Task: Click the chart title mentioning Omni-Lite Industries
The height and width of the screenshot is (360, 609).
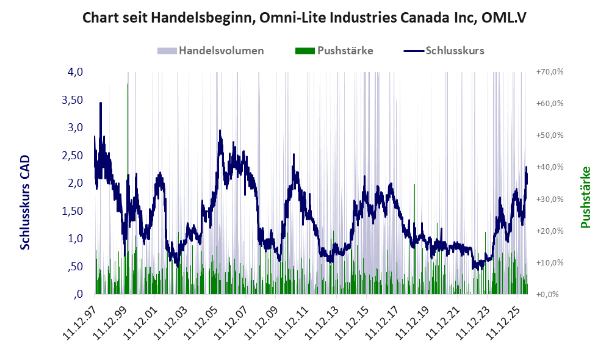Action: [304, 18]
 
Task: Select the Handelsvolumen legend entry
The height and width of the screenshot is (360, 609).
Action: [211, 51]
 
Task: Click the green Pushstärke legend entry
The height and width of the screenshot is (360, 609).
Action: [334, 51]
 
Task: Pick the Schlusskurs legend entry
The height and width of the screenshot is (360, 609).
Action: [444, 51]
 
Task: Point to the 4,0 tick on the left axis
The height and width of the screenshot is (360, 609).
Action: [75, 72]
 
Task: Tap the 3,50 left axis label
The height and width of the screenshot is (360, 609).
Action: [72, 100]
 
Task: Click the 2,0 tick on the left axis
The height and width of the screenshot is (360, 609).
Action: [75, 183]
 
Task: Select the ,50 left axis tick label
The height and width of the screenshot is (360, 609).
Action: [75, 267]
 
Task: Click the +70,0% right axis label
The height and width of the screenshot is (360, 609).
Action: [550, 72]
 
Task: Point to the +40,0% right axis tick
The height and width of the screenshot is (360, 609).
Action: [550, 167]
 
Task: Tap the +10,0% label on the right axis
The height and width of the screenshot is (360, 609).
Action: [550, 262]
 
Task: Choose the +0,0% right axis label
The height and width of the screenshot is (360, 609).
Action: [547, 294]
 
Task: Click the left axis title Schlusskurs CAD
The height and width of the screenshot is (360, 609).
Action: [25, 203]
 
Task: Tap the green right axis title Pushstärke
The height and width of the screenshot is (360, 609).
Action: [586, 197]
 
